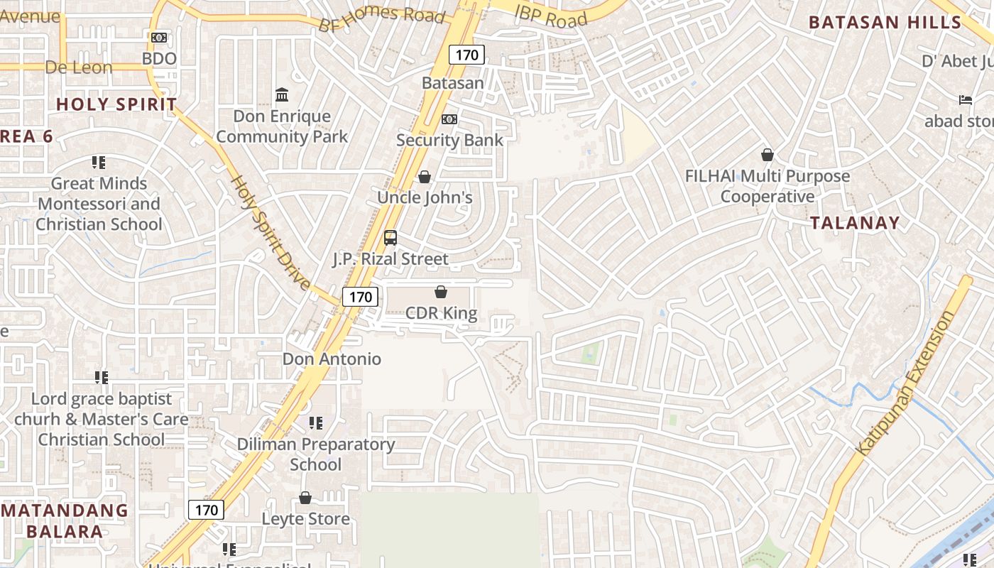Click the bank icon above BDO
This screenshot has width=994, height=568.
pyautogui.click(x=159, y=37)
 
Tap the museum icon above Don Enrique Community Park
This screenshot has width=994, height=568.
pyautogui.click(x=282, y=94)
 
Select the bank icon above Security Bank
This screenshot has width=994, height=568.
pyautogui.click(x=449, y=119)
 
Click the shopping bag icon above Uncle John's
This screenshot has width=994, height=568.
pyautogui.click(x=425, y=177)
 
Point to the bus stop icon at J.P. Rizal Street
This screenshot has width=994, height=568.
pyautogui.click(x=390, y=238)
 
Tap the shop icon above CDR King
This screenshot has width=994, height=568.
pyautogui.click(x=441, y=292)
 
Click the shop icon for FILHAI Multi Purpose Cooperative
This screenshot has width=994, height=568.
pyautogui.click(x=767, y=155)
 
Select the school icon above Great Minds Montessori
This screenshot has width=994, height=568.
pyautogui.click(x=99, y=163)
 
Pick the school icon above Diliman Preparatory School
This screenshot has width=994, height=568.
pyautogui.click(x=316, y=423)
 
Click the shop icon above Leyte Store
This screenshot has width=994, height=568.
pyautogui.click(x=305, y=498)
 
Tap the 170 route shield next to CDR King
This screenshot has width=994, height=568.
pyautogui.click(x=360, y=297)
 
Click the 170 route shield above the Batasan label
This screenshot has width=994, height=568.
pyautogui.click(x=466, y=55)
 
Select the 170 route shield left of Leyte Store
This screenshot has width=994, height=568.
pyautogui.click(x=206, y=510)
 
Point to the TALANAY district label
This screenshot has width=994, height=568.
pyautogui.click(x=855, y=223)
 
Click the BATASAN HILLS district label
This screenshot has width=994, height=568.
pyautogui.click(x=884, y=22)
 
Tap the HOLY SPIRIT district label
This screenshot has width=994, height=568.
pyautogui.click(x=116, y=104)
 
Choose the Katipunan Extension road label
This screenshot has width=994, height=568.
pyautogui.click(x=907, y=383)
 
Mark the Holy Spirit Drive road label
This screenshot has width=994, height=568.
pyautogui.click(x=271, y=233)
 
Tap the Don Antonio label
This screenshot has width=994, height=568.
pyautogui.click(x=332, y=359)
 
